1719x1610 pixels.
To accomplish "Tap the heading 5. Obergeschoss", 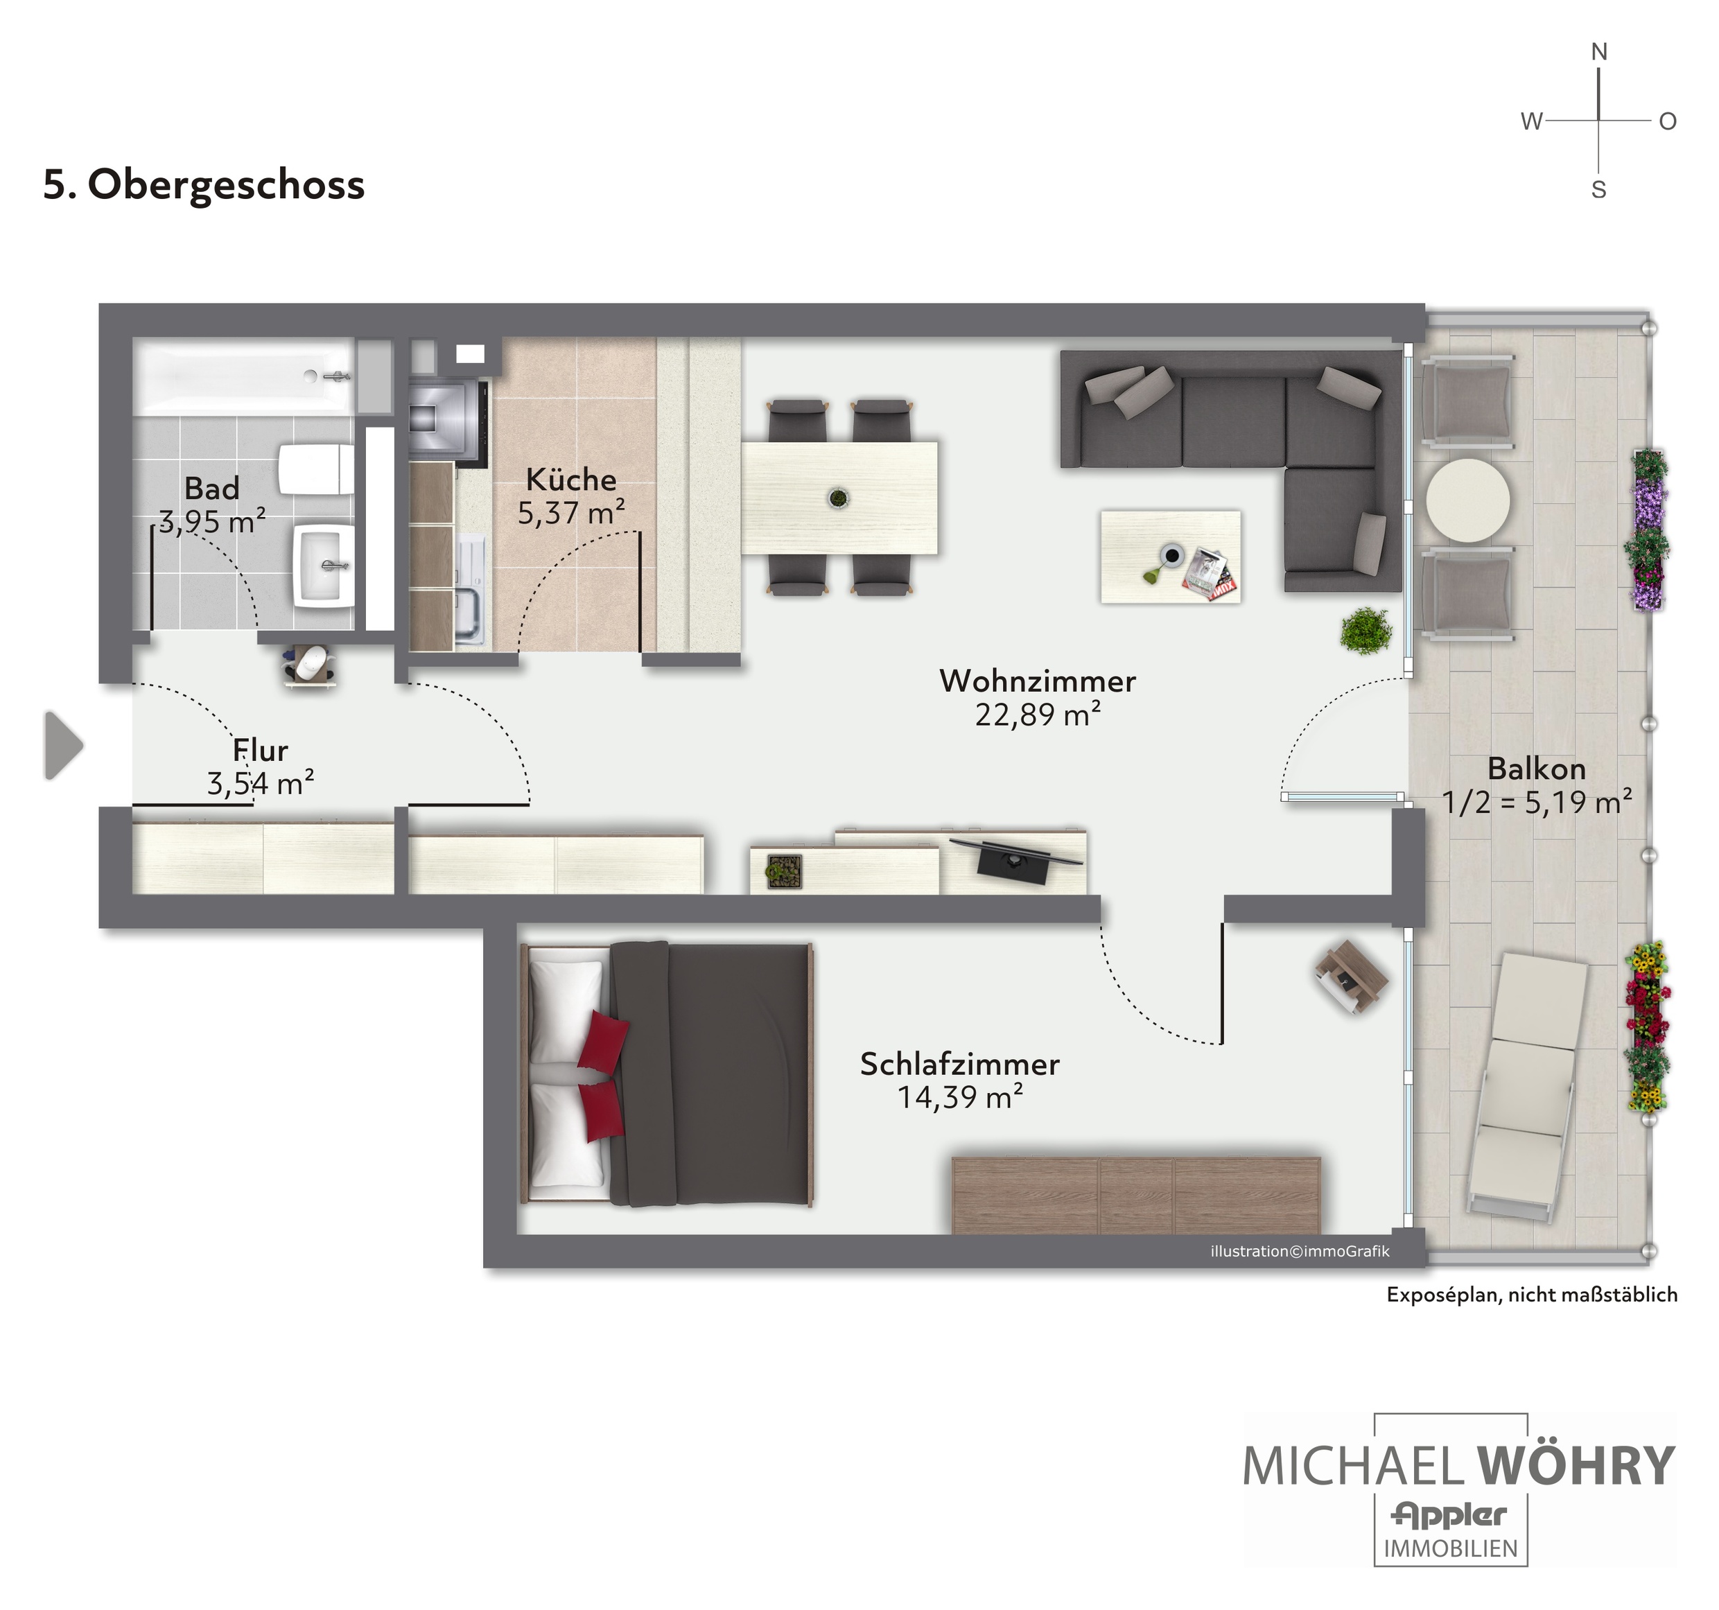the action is pos(204,184).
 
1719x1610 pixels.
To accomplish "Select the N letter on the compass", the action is pos(1599,52).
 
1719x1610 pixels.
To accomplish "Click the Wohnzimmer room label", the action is pos(1038,681).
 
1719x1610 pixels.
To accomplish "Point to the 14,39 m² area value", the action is pos(960,1097).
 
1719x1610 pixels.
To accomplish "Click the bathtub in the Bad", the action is pos(244,376).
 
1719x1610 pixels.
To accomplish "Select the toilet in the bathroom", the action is pos(315,469).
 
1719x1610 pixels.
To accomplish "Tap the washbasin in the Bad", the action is pos(324,566).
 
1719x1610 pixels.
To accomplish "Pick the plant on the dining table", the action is pos(838,498).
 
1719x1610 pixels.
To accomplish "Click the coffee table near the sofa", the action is pos(1171,557).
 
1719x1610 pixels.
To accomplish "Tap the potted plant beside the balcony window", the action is pos(1366,629).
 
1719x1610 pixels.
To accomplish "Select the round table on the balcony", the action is pos(1467,500).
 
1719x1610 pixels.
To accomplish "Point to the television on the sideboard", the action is pos(1016,858).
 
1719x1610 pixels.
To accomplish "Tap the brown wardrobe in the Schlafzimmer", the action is pos(1136,1196).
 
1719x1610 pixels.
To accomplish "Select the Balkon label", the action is pos(1537,769).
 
